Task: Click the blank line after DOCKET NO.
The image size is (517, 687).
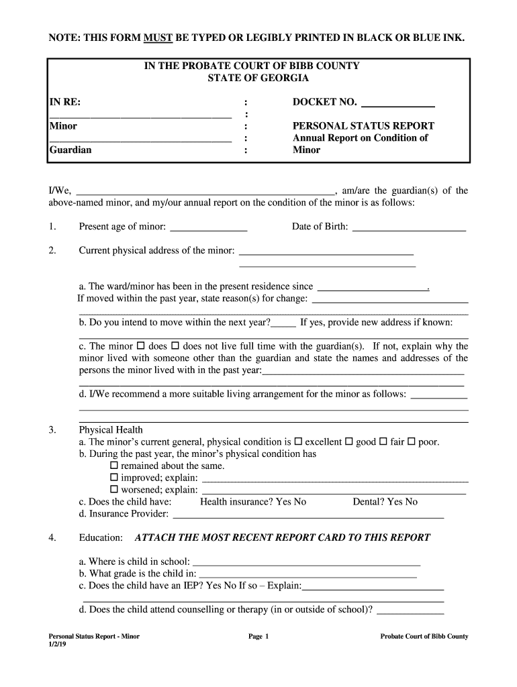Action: (x=398, y=104)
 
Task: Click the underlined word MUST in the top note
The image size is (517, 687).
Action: (x=158, y=37)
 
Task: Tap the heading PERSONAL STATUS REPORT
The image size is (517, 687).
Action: (x=363, y=126)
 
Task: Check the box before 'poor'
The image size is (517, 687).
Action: (x=412, y=441)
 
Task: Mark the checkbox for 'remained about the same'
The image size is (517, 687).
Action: (x=113, y=466)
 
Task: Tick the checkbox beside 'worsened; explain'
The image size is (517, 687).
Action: (x=113, y=490)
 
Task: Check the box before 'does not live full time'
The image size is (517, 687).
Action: (x=175, y=346)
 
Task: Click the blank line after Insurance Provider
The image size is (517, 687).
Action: (x=308, y=515)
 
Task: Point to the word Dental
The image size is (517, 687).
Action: (x=367, y=502)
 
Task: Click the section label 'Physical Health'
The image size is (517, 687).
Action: (x=111, y=429)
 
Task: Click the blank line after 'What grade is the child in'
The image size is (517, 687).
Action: (x=308, y=574)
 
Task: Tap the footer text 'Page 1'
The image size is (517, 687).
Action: (x=258, y=637)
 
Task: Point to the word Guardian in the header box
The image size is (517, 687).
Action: (x=70, y=150)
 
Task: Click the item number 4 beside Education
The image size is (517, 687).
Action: (x=51, y=537)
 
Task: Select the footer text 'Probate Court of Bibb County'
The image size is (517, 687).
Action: (x=424, y=637)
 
